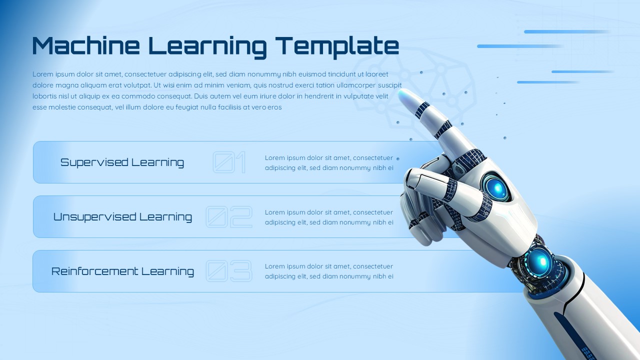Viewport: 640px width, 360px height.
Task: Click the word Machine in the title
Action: (85, 45)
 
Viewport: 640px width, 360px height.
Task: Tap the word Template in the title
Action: (338, 46)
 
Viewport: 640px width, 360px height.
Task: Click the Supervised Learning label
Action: (122, 162)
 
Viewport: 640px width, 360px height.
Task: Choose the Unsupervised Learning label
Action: (122, 217)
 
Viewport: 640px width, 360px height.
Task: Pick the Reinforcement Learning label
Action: (122, 271)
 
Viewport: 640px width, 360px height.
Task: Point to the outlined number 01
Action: (229, 162)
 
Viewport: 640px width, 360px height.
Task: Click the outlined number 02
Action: (229, 217)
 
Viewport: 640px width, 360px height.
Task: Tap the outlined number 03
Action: (229, 271)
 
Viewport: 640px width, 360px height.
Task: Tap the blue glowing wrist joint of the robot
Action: (539, 260)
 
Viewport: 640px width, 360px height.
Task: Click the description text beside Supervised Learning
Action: (329, 163)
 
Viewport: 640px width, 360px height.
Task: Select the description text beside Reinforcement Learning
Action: (329, 271)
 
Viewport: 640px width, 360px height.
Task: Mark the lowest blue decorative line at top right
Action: (547, 82)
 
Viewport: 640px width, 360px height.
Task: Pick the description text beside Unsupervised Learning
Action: (329, 217)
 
